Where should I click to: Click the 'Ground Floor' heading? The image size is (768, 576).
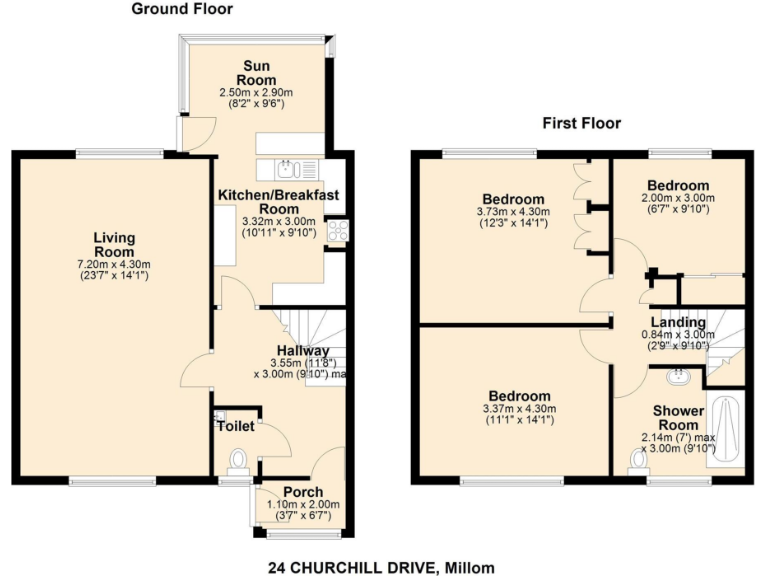pyautogui.click(x=182, y=9)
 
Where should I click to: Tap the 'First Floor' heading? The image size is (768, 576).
pyautogui.click(x=581, y=124)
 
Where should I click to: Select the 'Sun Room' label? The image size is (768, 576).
pyautogui.click(x=255, y=73)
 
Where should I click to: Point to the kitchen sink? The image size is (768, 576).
pyautogui.click(x=287, y=168)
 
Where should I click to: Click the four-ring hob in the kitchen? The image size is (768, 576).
pyautogui.click(x=337, y=231)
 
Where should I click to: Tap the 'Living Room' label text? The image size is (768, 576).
pyautogui.click(x=113, y=244)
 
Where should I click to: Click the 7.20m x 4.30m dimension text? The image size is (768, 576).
pyautogui.click(x=113, y=264)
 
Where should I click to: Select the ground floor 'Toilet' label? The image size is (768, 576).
pyautogui.click(x=236, y=426)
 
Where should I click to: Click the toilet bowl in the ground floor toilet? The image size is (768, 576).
pyautogui.click(x=238, y=460)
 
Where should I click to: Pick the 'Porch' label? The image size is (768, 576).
pyautogui.click(x=302, y=492)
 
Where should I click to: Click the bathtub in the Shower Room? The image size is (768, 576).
pyautogui.click(x=725, y=429)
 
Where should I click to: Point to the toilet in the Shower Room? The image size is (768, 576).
pyautogui.click(x=637, y=460)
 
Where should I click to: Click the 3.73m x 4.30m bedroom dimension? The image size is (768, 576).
pyautogui.click(x=513, y=212)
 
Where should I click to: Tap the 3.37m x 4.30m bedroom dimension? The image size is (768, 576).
pyautogui.click(x=515, y=409)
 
